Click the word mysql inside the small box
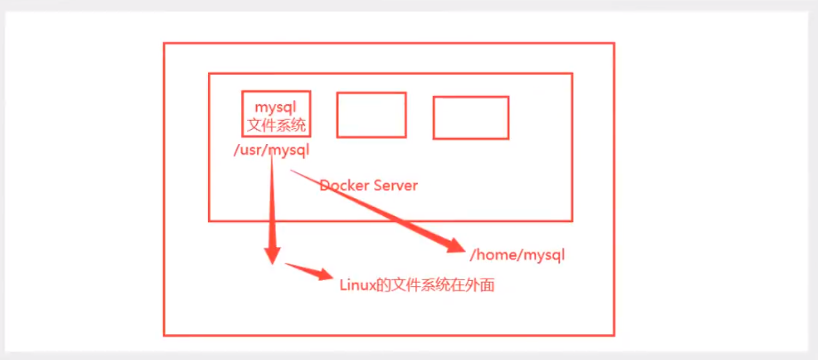coord(276,107)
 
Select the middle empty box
coord(371,115)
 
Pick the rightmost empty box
coord(470,118)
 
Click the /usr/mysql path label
coord(270,150)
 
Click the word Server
coord(393,186)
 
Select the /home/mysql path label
coord(517,254)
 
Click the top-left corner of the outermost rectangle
coord(164,43)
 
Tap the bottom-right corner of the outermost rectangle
coord(613,335)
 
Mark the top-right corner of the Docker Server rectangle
coord(572,74)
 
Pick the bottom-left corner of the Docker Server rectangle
coord(209,220)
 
